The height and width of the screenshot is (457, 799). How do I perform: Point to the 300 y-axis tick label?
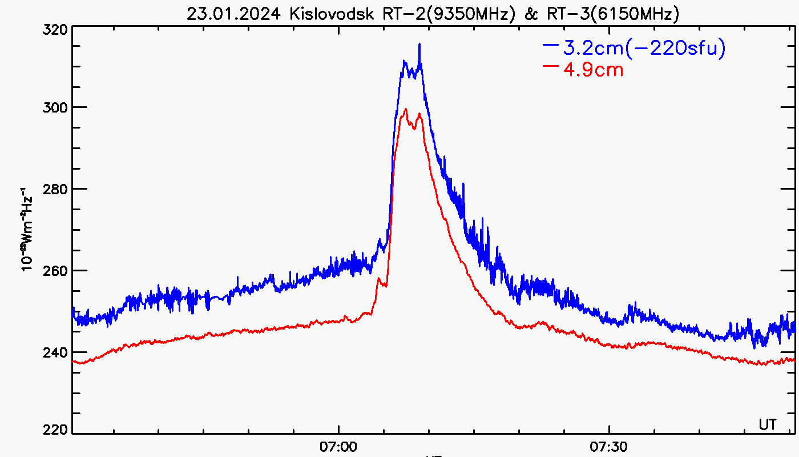(56, 107)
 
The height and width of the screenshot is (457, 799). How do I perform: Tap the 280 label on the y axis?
(56, 189)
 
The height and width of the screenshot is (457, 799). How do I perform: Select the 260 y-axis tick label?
(56, 270)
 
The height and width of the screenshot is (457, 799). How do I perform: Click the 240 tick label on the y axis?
(56, 352)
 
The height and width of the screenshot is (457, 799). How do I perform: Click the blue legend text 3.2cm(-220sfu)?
(644, 49)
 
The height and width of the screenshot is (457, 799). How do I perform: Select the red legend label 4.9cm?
(593, 70)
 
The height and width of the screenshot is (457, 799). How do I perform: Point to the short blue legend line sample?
(551, 44)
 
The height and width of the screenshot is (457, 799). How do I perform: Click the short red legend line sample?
(551, 66)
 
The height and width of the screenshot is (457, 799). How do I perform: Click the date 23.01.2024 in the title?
(236, 14)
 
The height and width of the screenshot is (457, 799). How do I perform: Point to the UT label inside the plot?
(768, 424)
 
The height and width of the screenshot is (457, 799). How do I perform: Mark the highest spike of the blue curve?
(419, 44)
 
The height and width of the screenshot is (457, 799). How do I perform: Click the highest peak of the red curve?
(405, 109)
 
